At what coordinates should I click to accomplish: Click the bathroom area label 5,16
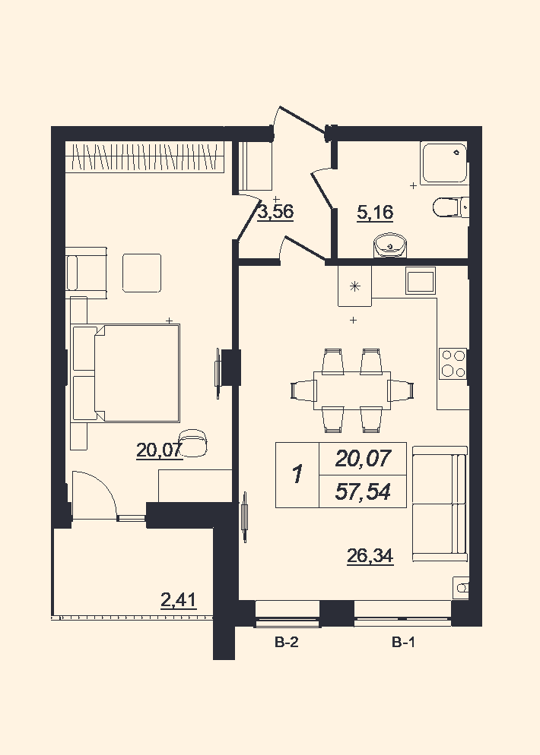[x=375, y=213]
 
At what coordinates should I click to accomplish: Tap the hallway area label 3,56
[x=276, y=212]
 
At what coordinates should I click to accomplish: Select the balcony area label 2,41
[x=179, y=601]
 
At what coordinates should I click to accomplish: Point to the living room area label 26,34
[x=370, y=556]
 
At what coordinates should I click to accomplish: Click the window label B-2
[x=287, y=642]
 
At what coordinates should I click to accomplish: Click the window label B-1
[x=403, y=642]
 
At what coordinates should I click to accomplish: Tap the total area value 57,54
[x=363, y=492]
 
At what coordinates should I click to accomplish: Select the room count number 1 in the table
[x=297, y=475]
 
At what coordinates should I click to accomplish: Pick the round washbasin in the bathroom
[x=391, y=245]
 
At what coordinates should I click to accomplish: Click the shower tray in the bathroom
[x=444, y=163]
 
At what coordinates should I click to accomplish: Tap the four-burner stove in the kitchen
[x=453, y=363]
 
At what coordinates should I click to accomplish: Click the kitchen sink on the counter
[x=421, y=280]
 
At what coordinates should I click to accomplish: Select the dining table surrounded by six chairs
[x=352, y=390]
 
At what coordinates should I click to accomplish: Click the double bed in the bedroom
[x=125, y=373]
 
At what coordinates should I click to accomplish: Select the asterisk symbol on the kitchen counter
[x=355, y=286]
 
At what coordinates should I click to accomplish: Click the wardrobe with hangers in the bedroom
[x=145, y=157]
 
